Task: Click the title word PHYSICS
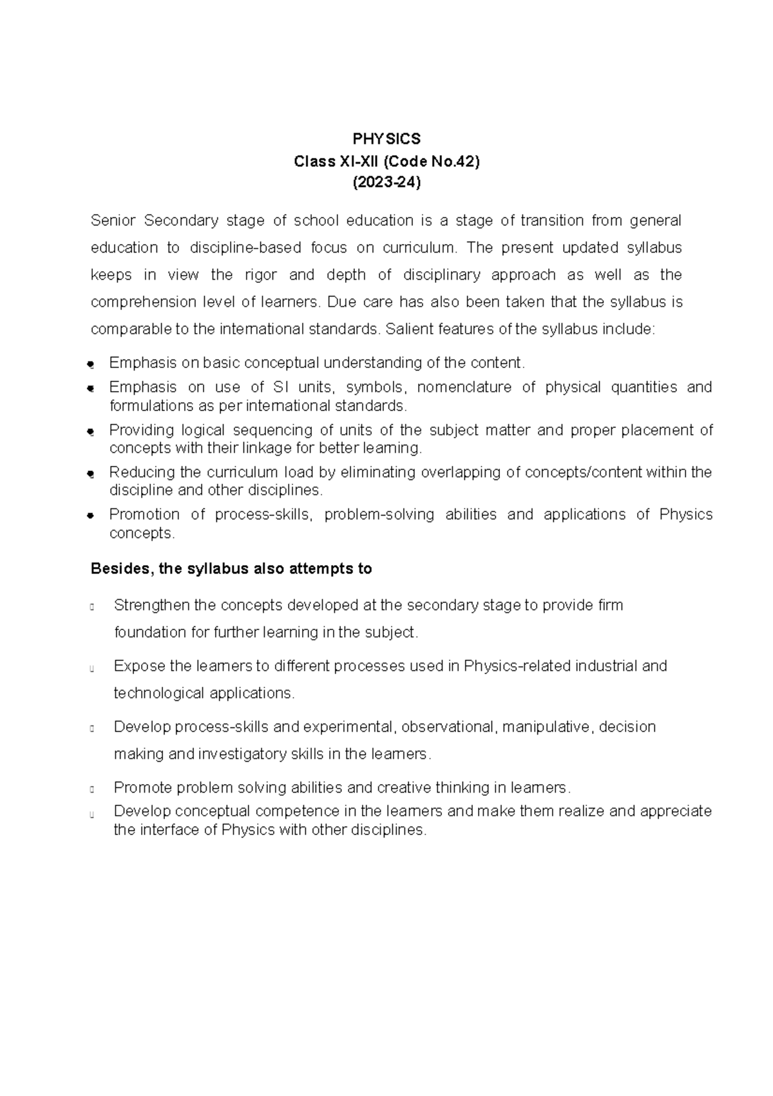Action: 386,139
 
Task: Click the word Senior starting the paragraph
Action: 113,221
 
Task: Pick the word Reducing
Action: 140,472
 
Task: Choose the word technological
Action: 158,693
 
